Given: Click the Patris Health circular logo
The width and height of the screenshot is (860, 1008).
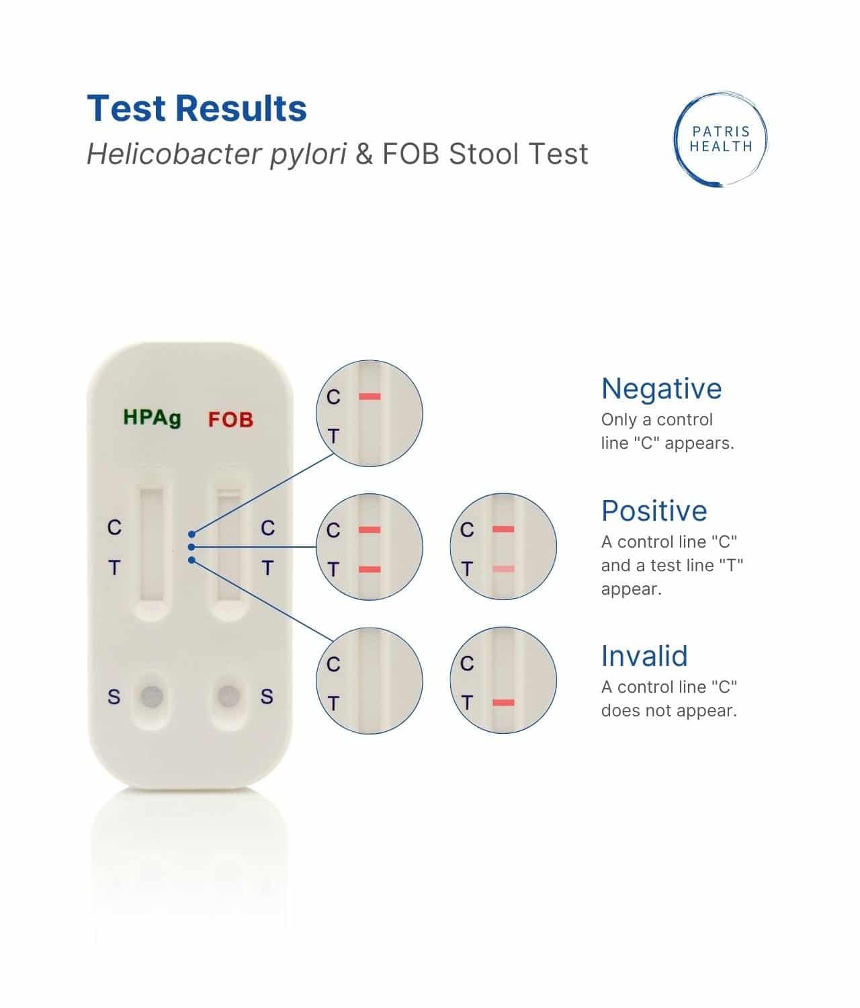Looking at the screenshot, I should tap(720, 139).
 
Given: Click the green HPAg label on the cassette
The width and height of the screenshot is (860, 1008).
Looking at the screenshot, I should tap(152, 417).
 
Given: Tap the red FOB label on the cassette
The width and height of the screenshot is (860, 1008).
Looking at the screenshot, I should tap(230, 419).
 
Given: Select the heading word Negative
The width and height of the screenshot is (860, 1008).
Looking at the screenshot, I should tap(661, 388).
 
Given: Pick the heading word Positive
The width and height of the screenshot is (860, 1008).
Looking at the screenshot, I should tap(654, 511).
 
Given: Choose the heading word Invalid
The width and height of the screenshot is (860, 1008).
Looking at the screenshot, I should tap(644, 656).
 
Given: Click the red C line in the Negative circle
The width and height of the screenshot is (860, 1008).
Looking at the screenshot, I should tap(370, 396).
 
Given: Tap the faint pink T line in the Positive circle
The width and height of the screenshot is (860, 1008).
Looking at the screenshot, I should tap(503, 569).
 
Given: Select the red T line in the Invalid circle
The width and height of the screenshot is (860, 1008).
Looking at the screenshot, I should tap(503, 703).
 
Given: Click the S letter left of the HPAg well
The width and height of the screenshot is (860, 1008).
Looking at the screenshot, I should tap(114, 697).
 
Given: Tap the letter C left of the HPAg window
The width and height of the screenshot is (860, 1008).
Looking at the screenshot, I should tap(114, 528).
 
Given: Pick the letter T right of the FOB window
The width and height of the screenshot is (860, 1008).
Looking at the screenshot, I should tap(267, 569).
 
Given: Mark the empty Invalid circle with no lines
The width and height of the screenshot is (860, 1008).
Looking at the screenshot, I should tap(370, 680).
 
